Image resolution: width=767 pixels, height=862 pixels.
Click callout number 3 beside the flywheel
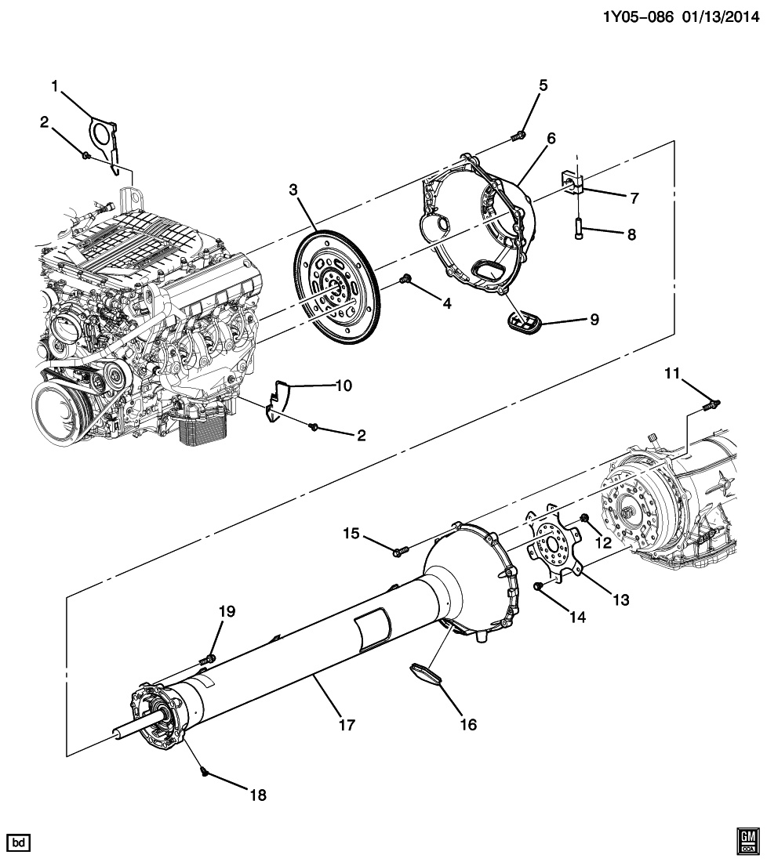tap(293, 190)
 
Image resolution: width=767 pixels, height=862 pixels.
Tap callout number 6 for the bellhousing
tap(551, 139)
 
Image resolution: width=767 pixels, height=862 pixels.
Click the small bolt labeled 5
tap(518, 138)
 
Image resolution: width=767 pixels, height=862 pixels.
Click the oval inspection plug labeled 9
tap(518, 321)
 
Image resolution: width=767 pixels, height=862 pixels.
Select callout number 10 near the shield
tap(344, 386)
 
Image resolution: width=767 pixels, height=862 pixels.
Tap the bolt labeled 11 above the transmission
tap(713, 404)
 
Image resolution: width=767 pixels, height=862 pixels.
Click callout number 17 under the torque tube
tap(346, 726)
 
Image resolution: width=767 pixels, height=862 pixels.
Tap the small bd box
tap(20, 843)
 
